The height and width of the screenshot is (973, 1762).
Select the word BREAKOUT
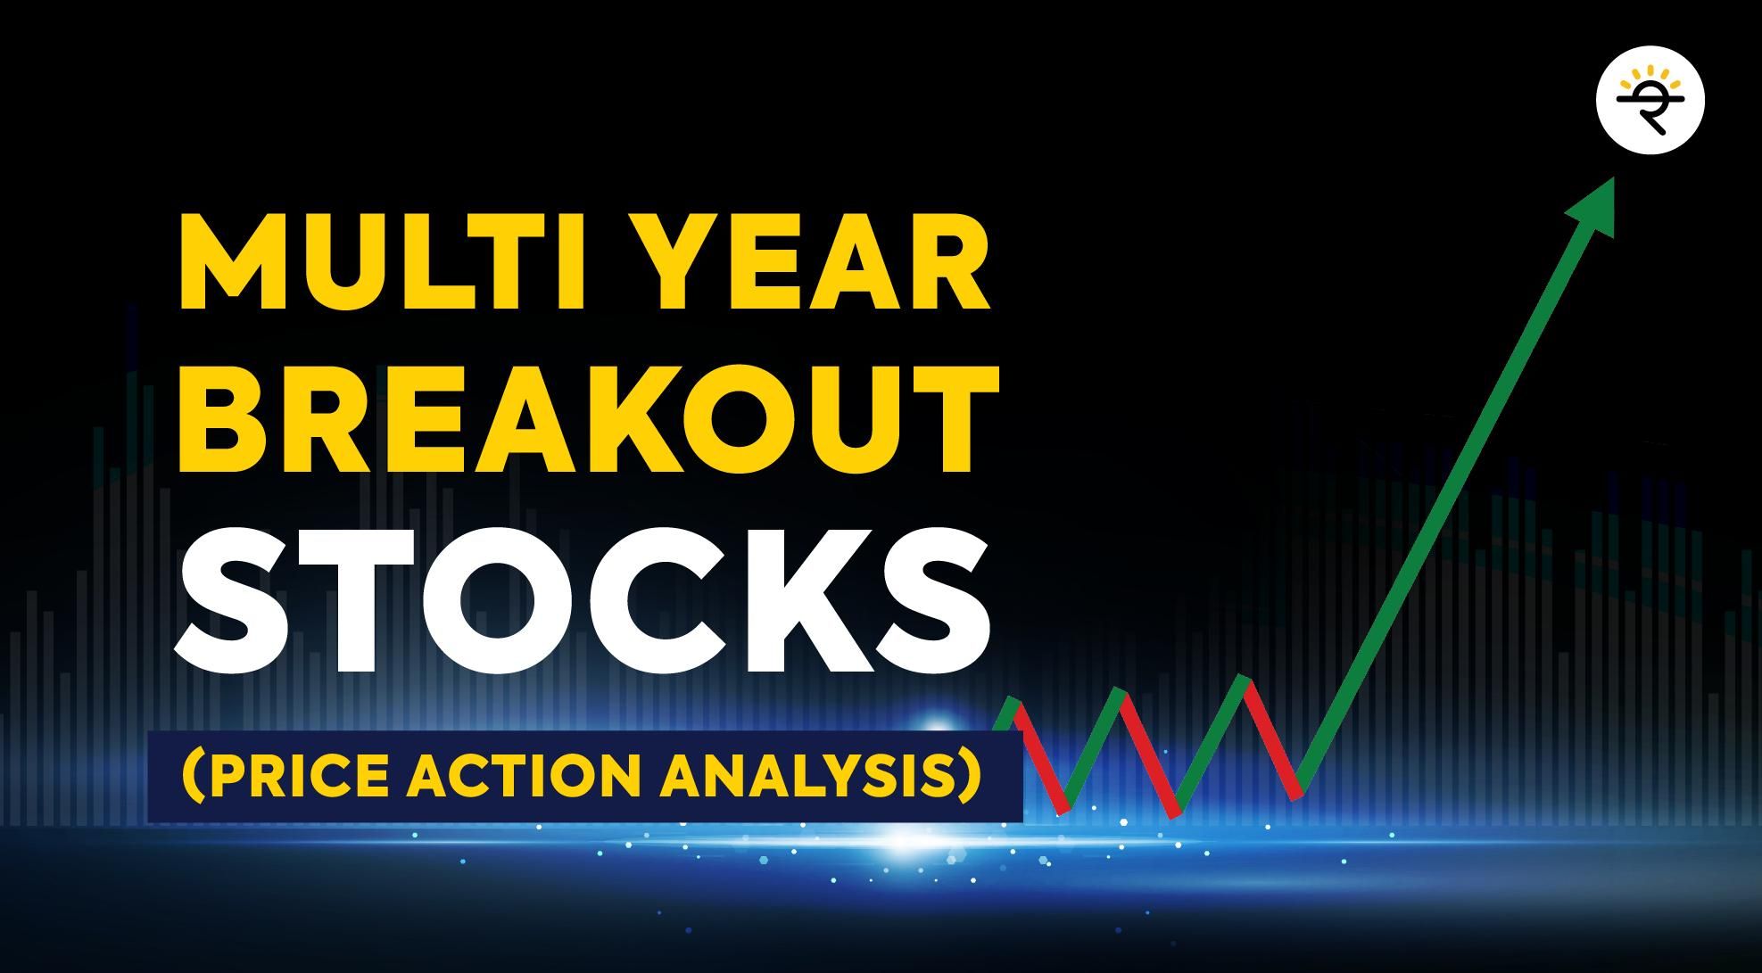588,424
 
